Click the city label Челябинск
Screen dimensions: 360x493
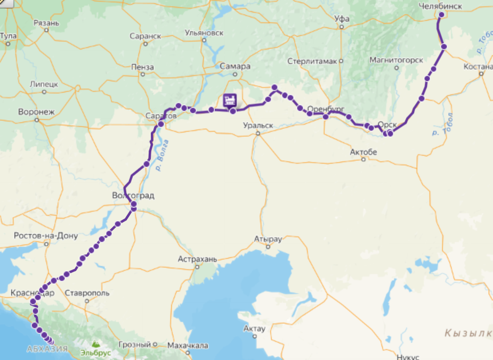(440, 6)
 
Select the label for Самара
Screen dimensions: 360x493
(235, 67)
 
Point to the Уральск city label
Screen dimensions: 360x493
(258, 125)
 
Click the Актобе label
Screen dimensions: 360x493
(363, 152)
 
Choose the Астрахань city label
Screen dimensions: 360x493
(198, 259)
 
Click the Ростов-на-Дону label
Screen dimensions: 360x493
(46, 236)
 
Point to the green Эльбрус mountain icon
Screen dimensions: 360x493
(94, 345)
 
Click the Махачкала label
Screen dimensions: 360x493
(188, 346)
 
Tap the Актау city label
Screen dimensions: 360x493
(254, 329)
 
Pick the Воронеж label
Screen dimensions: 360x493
(36, 112)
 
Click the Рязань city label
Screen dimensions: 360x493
(46, 23)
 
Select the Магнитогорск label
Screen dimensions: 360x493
(397, 60)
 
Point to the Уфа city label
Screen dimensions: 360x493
(342, 19)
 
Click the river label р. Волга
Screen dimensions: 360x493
(164, 154)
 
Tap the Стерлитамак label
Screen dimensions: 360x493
(312, 61)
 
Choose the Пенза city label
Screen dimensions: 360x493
(142, 68)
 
